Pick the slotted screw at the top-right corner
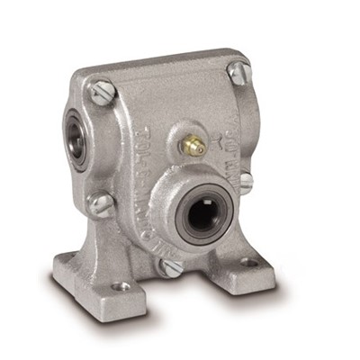pyautogui.click(x=238, y=73)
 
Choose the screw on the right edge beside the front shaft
pyautogui.click(x=245, y=183)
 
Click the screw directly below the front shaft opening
pyautogui.click(x=170, y=265)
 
